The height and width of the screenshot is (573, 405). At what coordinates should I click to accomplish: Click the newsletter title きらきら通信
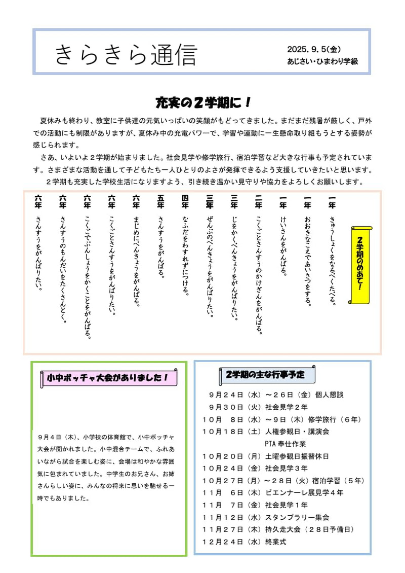125,55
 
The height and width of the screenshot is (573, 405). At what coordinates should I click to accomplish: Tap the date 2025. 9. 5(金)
313,50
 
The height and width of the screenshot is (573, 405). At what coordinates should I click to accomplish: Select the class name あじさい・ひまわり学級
322,61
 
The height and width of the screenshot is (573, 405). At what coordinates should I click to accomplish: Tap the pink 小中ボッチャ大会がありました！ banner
109,378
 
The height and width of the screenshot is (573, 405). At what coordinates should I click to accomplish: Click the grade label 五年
161,202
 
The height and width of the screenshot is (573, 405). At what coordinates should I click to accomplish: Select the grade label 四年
185,202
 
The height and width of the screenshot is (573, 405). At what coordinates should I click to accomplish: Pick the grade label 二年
259,202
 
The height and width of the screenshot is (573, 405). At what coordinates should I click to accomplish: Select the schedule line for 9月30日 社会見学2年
258,407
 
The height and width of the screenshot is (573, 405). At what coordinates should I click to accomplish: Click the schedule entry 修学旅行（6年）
335,419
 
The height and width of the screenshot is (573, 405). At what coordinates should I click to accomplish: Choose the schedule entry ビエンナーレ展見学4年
304,492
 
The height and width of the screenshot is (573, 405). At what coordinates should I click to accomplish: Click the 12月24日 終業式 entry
244,542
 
